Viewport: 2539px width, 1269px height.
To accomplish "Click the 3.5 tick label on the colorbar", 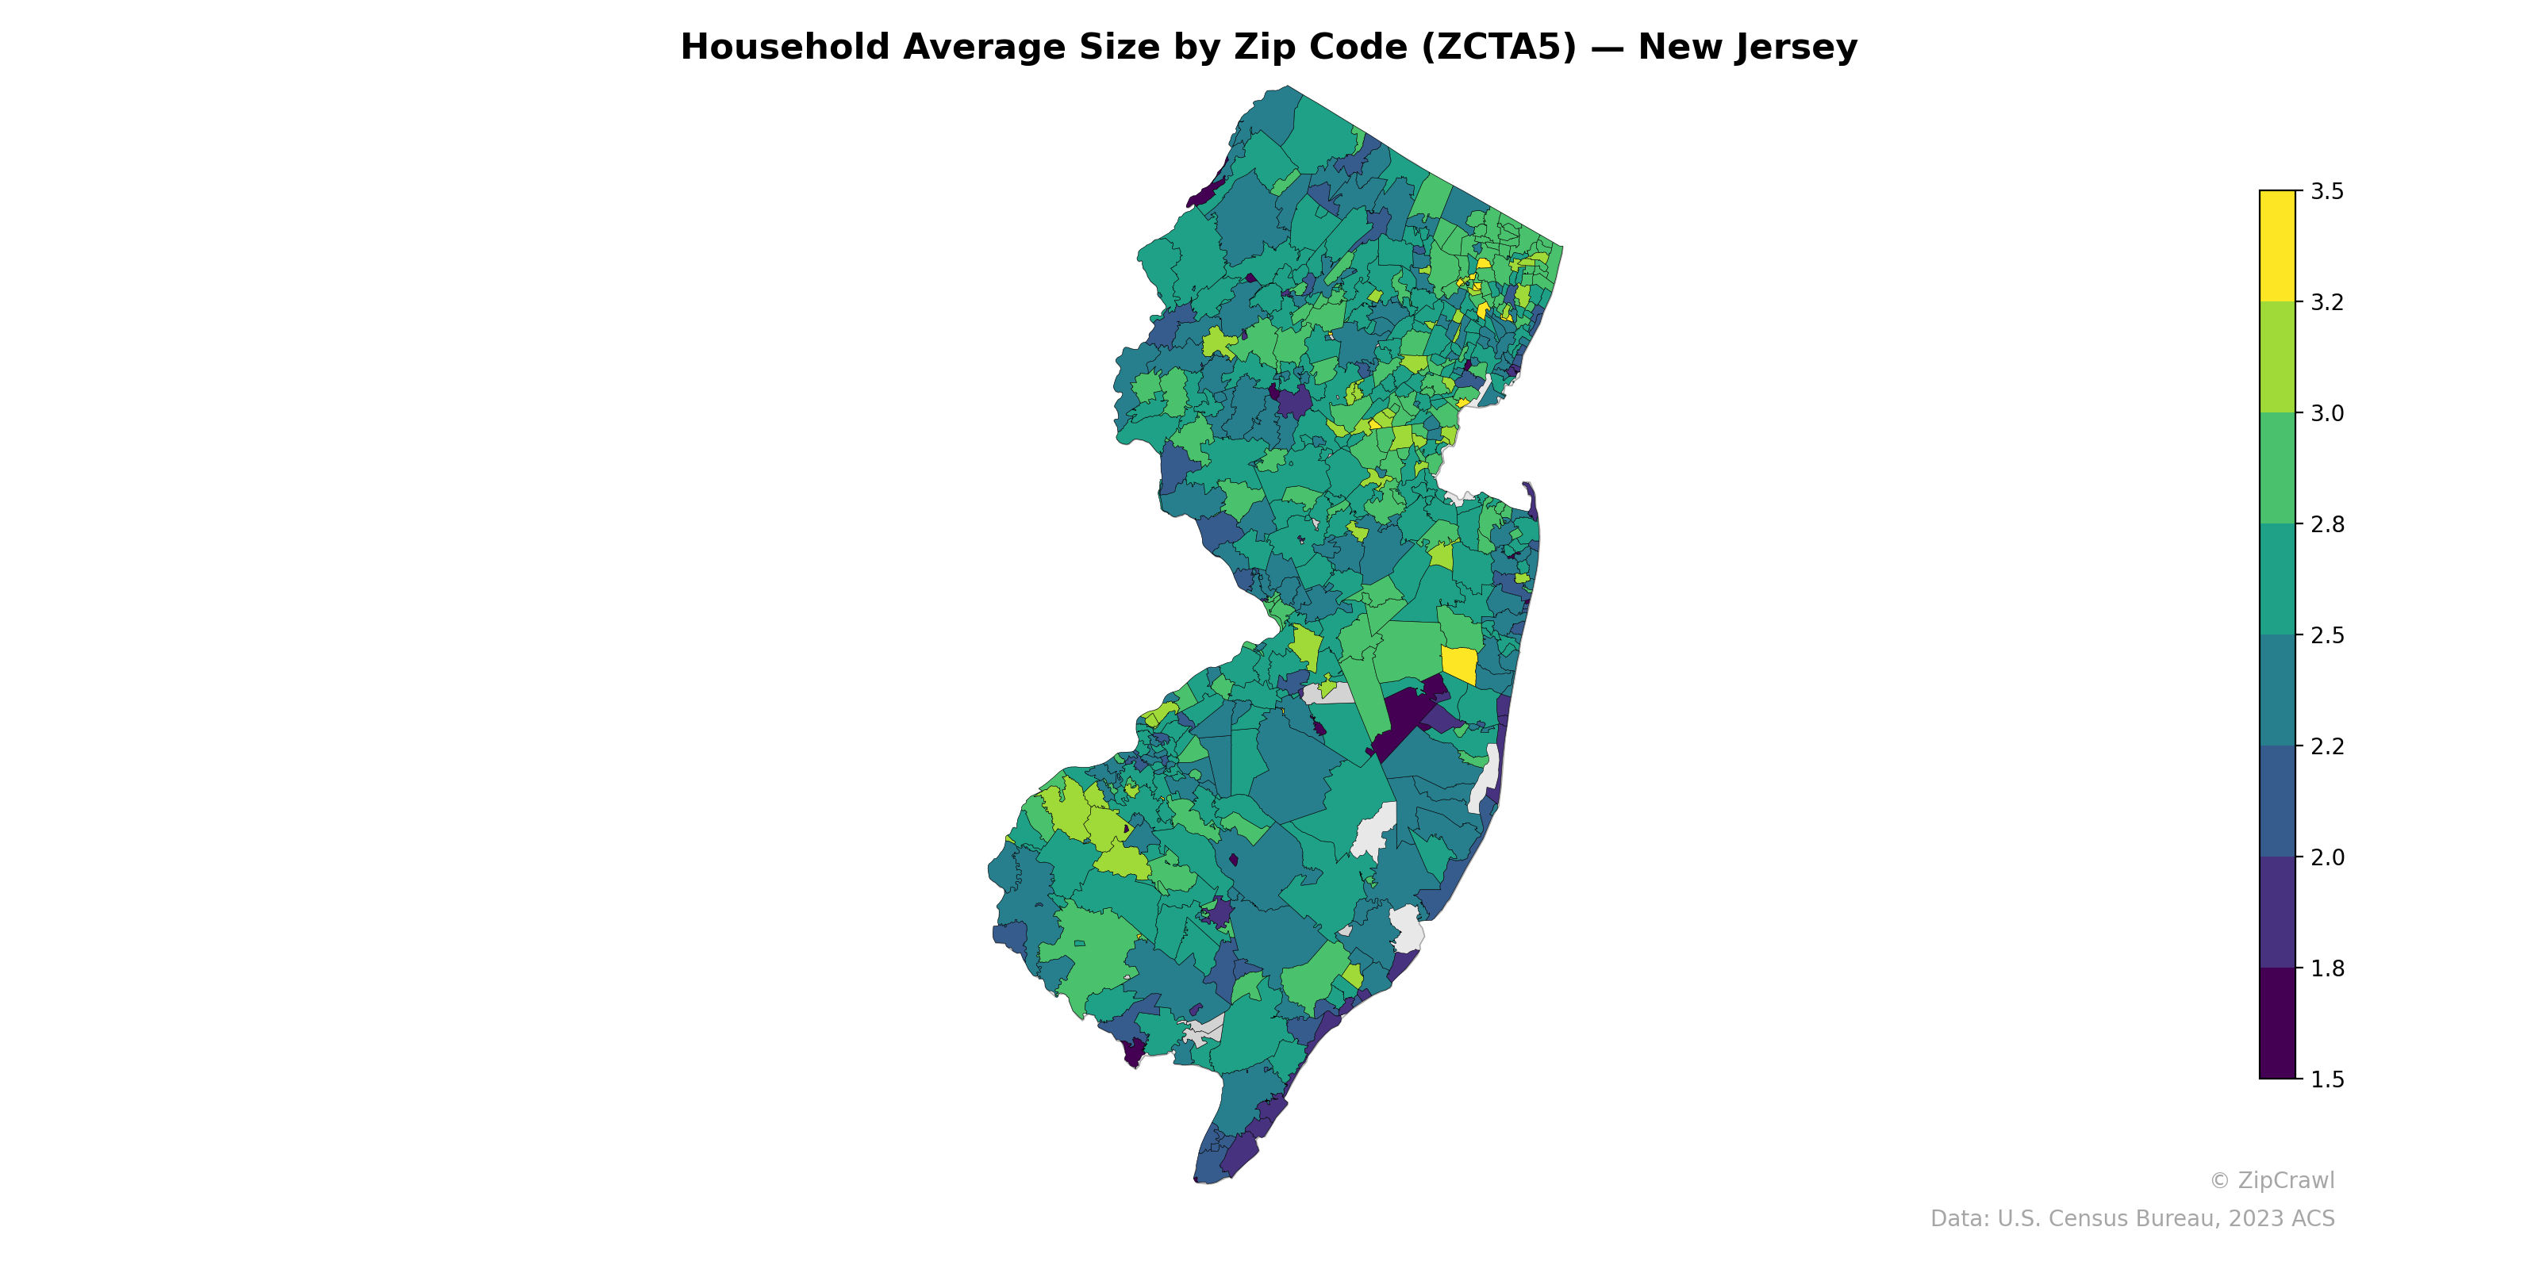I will pyautogui.click(x=2327, y=191).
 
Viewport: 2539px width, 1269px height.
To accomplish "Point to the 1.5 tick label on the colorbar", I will pyautogui.click(x=2327, y=1079).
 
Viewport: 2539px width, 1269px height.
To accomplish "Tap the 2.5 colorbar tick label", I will pyautogui.click(x=2327, y=635).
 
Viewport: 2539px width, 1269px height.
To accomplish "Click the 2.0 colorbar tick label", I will pyautogui.click(x=2327, y=857).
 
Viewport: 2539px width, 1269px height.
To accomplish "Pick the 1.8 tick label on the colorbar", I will pyautogui.click(x=2327, y=968).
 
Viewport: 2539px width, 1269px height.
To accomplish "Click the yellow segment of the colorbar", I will pyautogui.click(x=2277, y=247).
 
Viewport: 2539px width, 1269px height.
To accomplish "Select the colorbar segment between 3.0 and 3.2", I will pyautogui.click(x=2277, y=358).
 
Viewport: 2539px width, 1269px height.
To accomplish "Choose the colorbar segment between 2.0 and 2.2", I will pyautogui.click(x=2277, y=801).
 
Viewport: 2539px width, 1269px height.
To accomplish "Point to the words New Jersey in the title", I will pyautogui.click(x=1747, y=48).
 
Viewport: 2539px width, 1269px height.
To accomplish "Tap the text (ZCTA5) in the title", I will pyautogui.click(x=1499, y=48).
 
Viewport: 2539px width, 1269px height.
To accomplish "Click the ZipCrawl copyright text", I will pyautogui.click(x=2272, y=1180).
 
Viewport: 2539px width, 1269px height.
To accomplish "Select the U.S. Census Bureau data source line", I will pyautogui.click(x=2132, y=1219).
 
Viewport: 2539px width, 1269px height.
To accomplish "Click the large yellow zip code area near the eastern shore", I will pyautogui.click(x=1459, y=665).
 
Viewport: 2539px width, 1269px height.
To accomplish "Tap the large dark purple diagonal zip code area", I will pyautogui.click(x=1404, y=719).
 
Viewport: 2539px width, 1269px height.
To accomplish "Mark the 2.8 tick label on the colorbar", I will pyautogui.click(x=2327, y=524).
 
